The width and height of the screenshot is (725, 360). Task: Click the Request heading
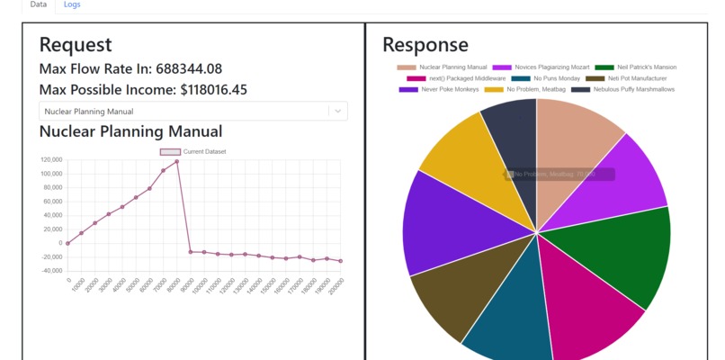(x=76, y=45)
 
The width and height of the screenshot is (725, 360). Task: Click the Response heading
(x=425, y=45)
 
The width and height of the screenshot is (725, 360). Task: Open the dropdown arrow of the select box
(x=336, y=111)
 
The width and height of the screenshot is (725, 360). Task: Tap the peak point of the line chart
(x=176, y=161)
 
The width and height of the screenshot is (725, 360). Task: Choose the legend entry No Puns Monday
(x=538, y=78)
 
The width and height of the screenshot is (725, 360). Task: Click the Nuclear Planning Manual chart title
(x=130, y=131)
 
